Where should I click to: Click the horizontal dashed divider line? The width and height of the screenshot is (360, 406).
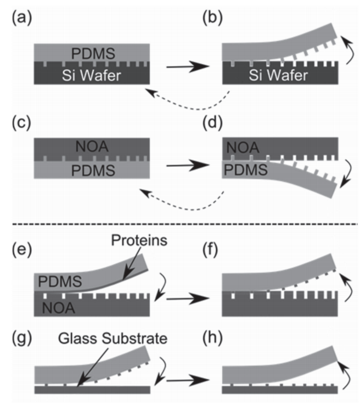[x=180, y=224]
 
